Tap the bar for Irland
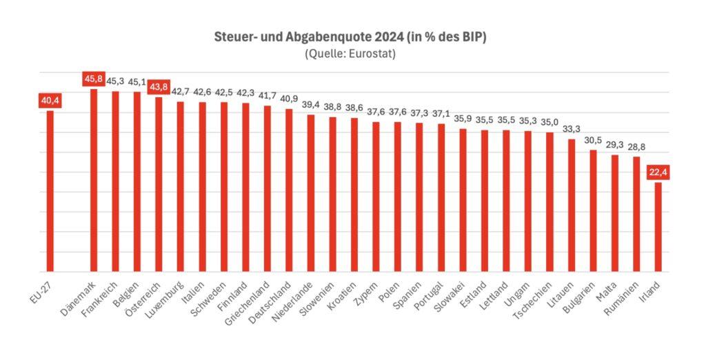coord(658,227)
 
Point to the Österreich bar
coord(159,184)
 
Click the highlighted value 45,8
coord(94,79)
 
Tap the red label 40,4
coord(50,101)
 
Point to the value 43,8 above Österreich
coord(159,87)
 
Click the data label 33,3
coord(572,129)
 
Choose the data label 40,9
coord(289,99)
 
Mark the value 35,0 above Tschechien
coord(549,122)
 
